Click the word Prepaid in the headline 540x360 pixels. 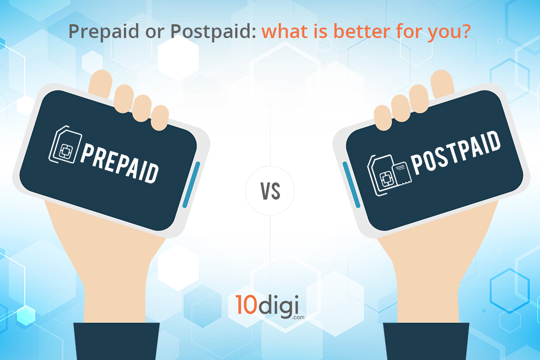tap(104, 31)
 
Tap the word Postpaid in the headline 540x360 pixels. tap(213, 31)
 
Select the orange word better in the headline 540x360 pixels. tap(362, 31)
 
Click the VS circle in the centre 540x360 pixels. tap(270, 191)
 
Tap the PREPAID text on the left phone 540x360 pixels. tap(120, 163)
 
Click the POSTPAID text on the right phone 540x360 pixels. tap(455, 152)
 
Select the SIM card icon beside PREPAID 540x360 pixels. tap(66, 144)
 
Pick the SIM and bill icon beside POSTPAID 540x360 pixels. tap(389, 175)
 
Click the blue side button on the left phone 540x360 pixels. tap(191, 185)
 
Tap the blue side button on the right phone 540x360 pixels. tap(352, 185)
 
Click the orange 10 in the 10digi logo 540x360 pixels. tap(246, 304)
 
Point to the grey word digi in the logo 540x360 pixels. tap(278, 307)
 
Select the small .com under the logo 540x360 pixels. tap(298, 318)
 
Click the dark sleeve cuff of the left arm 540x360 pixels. tap(116, 341)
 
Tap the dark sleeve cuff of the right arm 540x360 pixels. tap(426, 341)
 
